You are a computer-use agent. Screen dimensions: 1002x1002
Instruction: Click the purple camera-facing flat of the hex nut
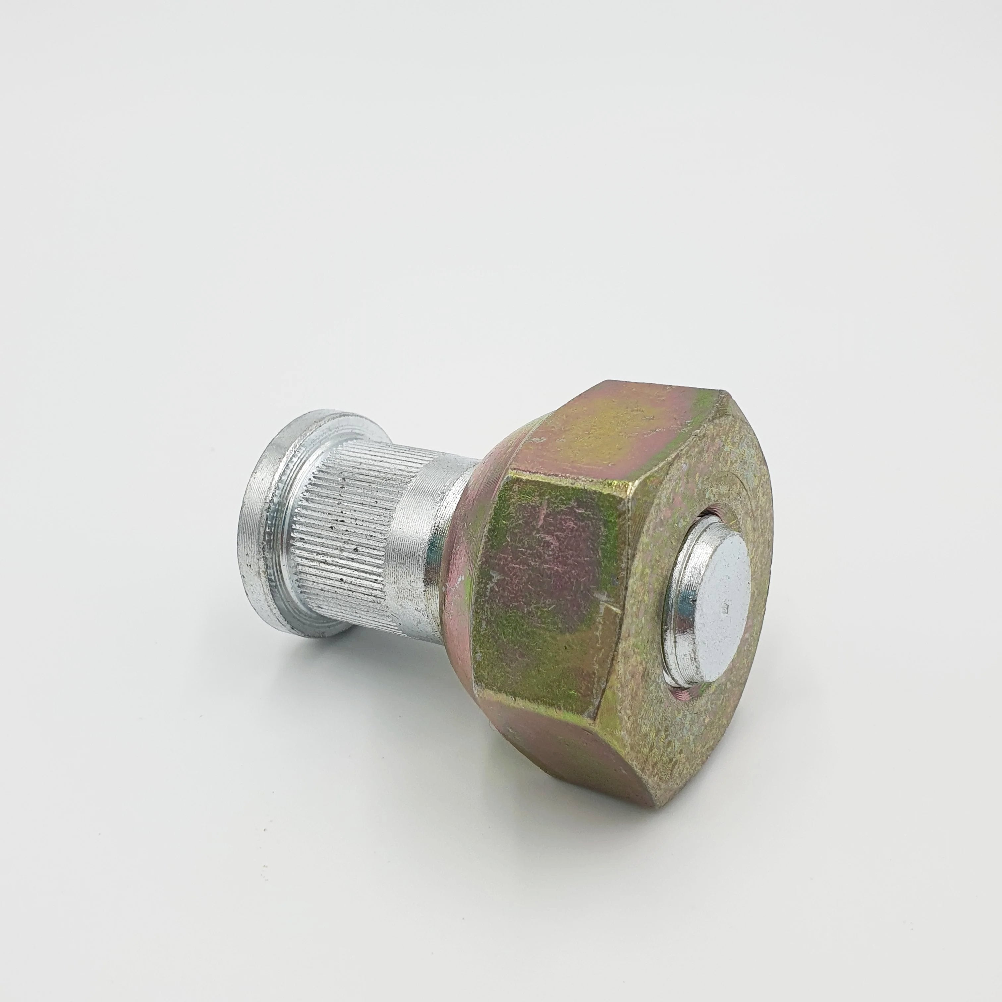pyautogui.click(x=550, y=586)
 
